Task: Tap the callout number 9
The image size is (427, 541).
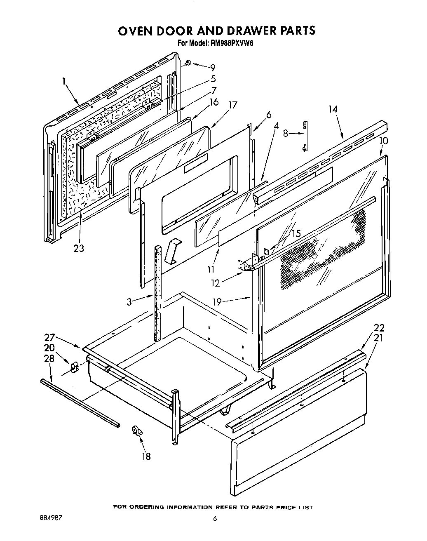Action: (213, 67)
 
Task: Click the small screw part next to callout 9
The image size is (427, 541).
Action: (188, 63)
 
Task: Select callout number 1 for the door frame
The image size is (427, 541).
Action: (64, 82)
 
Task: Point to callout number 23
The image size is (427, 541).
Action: (79, 248)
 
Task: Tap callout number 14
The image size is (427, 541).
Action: (333, 109)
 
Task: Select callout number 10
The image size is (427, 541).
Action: (383, 140)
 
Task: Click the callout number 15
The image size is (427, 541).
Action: (296, 233)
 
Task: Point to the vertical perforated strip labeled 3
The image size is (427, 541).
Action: (157, 293)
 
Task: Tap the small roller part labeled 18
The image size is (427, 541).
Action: (136, 432)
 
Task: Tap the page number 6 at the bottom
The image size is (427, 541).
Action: (215, 519)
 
